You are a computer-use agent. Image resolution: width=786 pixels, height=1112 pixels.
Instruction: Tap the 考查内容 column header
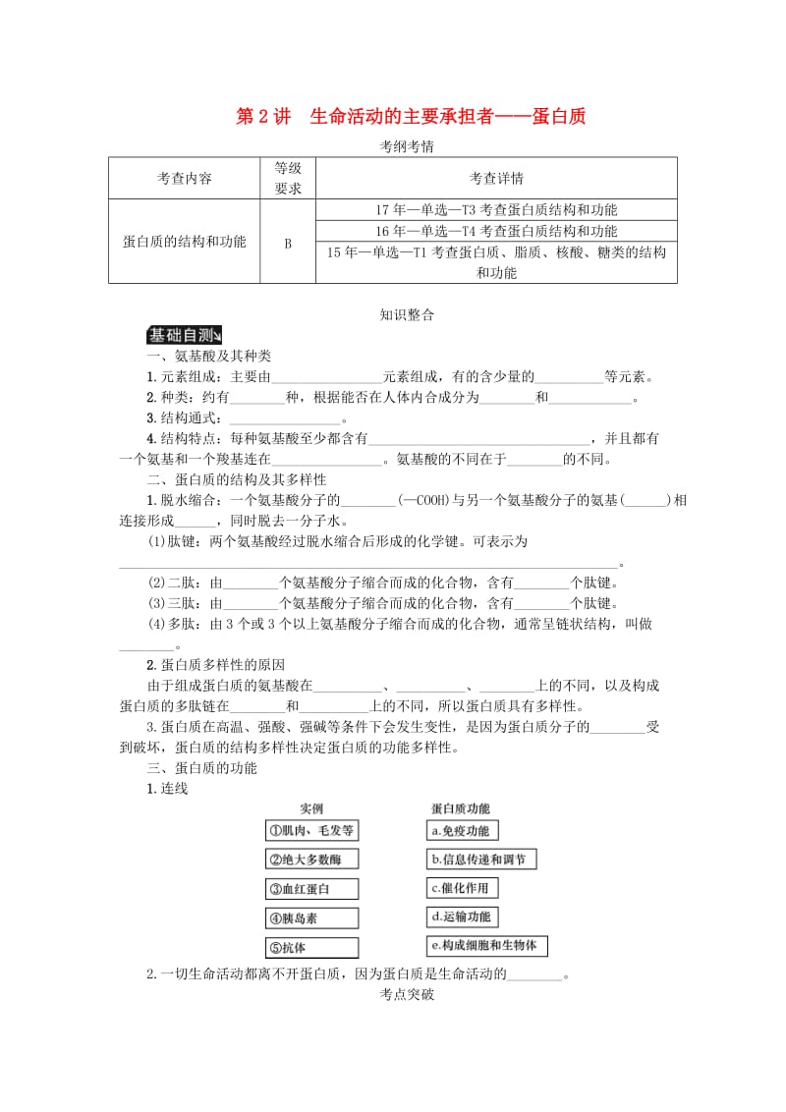[184, 178]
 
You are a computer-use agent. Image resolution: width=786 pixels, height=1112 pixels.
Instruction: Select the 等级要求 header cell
[288, 178]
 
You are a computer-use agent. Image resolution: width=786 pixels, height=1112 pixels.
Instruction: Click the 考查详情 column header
[496, 178]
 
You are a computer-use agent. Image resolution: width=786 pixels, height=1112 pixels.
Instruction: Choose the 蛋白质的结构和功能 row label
[184, 242]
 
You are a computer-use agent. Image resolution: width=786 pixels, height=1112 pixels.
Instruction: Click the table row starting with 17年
[496, 209]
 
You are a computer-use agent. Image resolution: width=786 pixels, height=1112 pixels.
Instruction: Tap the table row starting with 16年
[496, 231]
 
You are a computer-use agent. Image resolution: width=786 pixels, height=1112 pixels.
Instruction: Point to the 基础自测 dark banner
[185, 335]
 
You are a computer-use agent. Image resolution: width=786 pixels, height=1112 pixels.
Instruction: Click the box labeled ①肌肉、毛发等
[310, 830]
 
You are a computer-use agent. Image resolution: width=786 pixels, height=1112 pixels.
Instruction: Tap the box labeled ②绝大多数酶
[310, 860]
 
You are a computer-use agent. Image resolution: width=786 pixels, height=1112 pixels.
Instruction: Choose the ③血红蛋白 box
[310, 889]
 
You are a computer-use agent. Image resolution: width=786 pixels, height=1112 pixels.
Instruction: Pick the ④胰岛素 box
[310, 918]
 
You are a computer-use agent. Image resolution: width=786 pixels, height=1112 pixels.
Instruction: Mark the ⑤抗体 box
[310, 948]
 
